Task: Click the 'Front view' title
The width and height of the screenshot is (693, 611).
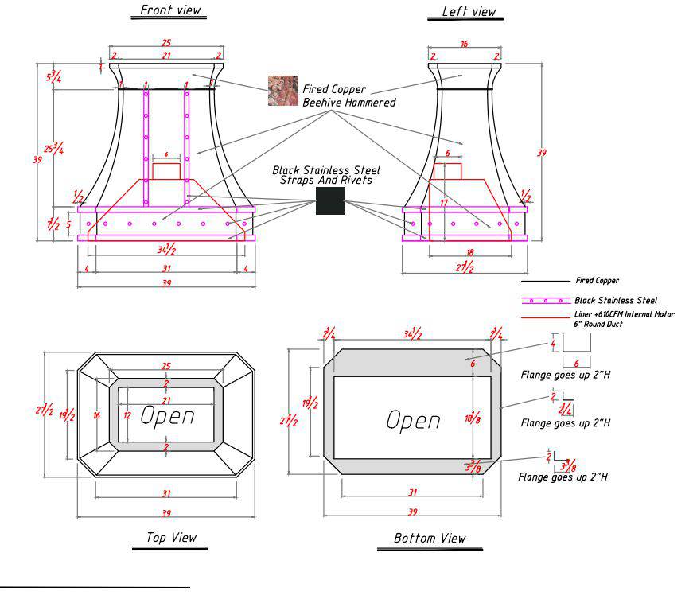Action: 170,10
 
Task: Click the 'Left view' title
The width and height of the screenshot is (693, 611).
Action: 469,11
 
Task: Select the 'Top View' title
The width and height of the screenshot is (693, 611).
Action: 171,538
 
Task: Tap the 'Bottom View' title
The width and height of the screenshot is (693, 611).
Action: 430,539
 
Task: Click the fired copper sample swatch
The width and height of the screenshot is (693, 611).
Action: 282,91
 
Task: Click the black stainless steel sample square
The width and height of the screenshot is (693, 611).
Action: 329,200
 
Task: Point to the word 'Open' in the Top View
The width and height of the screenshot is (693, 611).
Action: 167,415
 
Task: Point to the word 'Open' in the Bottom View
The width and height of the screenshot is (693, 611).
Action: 413,420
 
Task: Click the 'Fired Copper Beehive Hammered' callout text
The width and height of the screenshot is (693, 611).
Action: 348,96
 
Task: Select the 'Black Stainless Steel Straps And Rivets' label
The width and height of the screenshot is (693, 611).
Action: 326,175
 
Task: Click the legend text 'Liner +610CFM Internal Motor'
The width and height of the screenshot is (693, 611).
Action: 624,314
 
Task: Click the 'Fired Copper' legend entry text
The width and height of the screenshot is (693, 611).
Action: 597,281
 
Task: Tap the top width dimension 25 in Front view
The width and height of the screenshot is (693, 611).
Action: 165,41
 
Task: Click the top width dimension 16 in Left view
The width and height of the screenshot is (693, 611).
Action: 465,45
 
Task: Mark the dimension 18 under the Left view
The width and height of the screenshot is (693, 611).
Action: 469,253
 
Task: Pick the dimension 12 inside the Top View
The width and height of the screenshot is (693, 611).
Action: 126,415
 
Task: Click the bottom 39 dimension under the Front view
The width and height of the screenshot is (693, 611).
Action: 165,284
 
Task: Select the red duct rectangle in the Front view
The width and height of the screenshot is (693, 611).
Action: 166,171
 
